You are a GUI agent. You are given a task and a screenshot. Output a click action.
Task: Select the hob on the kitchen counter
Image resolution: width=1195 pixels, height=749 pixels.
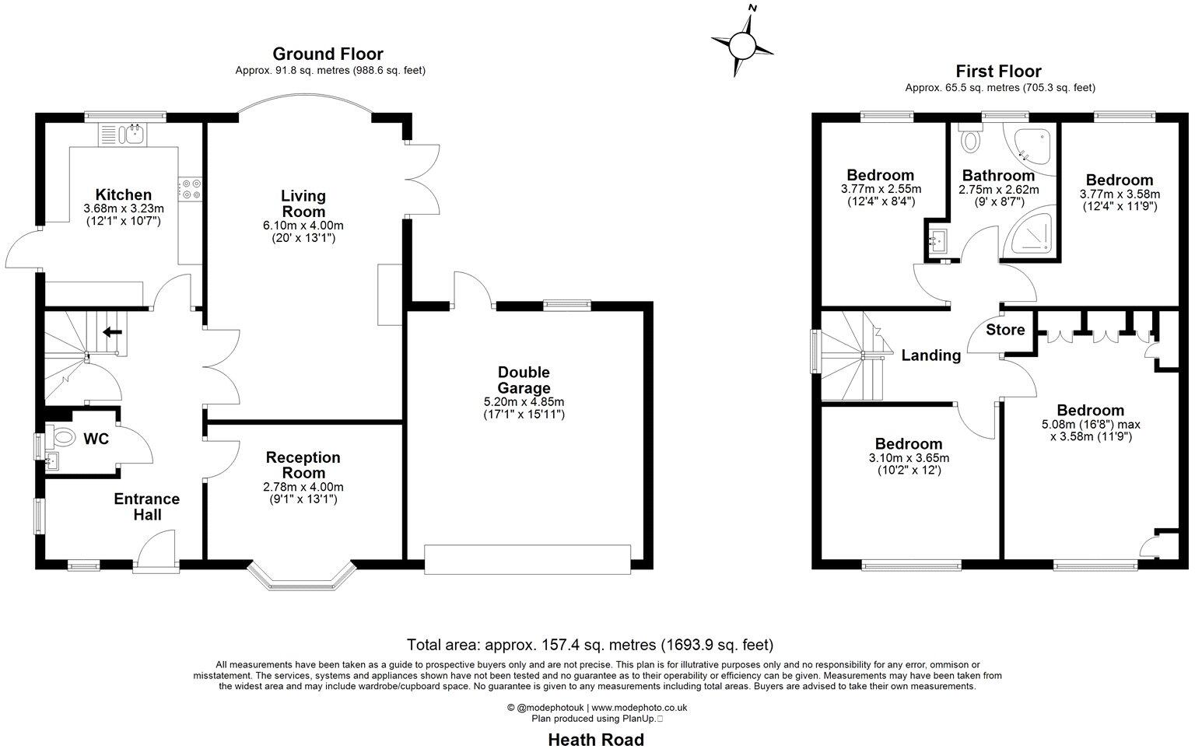coord(190,187)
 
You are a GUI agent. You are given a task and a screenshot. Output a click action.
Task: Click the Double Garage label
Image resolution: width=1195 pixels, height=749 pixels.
coord(524,380)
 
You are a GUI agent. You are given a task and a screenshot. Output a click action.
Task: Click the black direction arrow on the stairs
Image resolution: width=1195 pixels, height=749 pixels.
coord(112,332)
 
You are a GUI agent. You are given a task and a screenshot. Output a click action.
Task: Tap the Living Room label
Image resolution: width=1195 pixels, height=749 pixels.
coord(303,204)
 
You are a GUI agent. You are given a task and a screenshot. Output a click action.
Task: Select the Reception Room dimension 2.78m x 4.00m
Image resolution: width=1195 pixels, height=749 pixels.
coord(303,487)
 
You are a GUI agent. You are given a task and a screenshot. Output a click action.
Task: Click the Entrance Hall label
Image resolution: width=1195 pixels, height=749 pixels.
coord(147,506)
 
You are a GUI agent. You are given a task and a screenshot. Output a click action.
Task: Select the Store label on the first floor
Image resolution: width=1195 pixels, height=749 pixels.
coord(1005,330)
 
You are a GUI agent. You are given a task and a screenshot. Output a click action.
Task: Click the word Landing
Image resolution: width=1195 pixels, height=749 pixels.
coord(930,355)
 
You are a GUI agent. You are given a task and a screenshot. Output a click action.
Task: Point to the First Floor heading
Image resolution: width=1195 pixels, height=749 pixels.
coord(998,72)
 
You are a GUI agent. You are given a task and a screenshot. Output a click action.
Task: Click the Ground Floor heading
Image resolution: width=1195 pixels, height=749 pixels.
coord(328,54)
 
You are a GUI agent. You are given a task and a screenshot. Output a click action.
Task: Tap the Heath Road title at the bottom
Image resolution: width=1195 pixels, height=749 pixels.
coord(596,739)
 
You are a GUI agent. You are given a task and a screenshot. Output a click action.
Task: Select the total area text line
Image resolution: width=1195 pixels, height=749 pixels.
coord(590,645)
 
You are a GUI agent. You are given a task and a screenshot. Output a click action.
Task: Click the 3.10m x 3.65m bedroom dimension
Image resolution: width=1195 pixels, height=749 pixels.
coord(908,458)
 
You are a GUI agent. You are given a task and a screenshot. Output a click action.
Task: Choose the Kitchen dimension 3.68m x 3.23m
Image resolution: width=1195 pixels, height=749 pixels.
coord(123,208)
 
